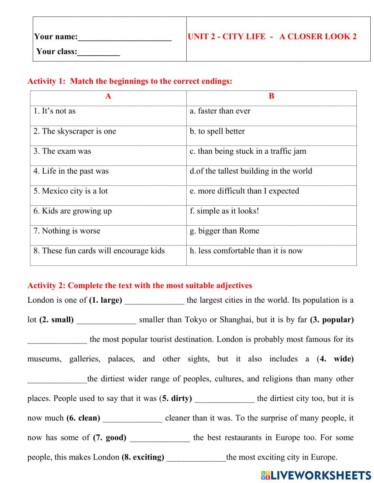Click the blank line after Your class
98,52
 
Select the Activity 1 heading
130,81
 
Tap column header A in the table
108,97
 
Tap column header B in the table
271,97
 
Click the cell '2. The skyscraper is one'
75,131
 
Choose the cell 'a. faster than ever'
220,111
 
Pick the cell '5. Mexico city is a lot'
71,191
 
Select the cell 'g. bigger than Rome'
224,231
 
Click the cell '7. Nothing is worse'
67,231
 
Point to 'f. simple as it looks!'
224,211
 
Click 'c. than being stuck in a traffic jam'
248,151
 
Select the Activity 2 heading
140,286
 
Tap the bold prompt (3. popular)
332,320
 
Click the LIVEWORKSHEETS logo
316,475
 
